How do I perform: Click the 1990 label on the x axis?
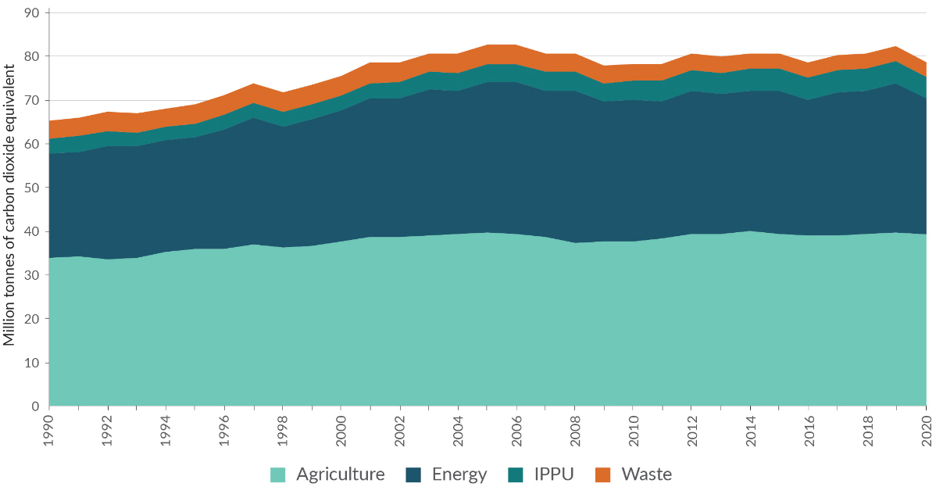tap(49, 428)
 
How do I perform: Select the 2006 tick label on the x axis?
tap(517, 428)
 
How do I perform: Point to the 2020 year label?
tap(926, 428)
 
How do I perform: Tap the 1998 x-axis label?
tap(283, 428)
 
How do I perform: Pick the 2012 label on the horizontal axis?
tap(692, 428)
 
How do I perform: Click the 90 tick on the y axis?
tap(32, 13)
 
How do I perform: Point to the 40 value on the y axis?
tap(32, 231)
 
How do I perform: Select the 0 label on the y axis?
tap(36, 406)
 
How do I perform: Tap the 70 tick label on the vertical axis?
tap(32, 100)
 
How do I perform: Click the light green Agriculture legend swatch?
tap(278, 474)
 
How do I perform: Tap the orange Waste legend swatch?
tap(602, 474)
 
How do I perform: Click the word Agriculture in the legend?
tap(341, 474)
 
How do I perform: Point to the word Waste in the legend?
tap(646, 474)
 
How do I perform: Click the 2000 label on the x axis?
tap(341, 428)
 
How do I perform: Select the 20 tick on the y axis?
tap(32, 319)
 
